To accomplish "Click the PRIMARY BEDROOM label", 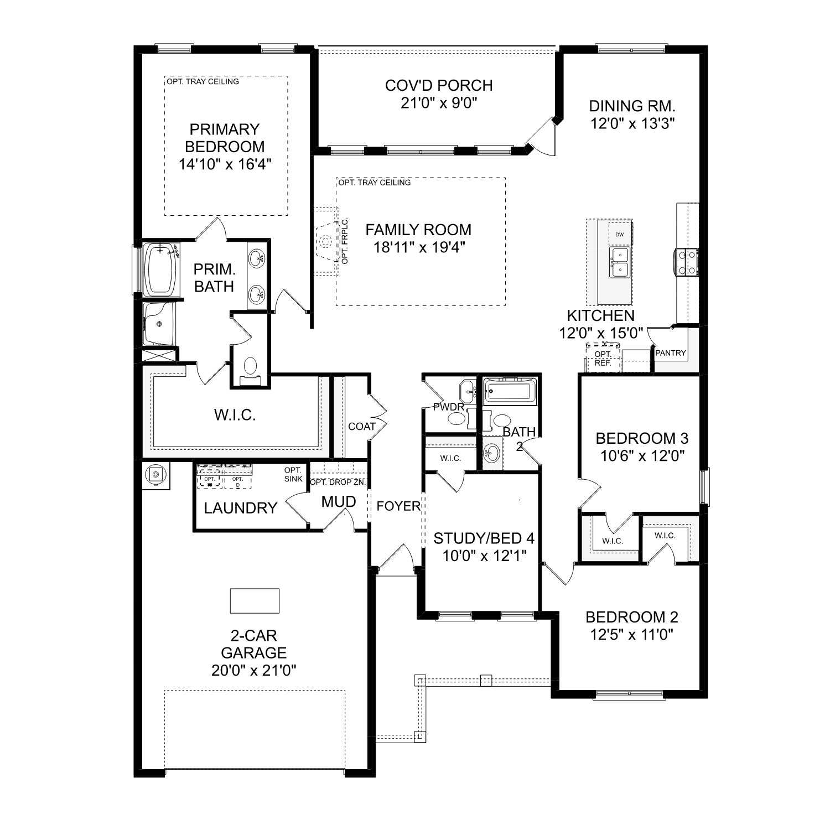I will tap(224, 138).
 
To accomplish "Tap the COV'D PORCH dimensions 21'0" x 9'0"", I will tap(439, 103).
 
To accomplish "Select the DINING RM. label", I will tap(632, 106).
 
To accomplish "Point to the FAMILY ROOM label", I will tap(418, 230).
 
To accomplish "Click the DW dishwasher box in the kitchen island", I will tap(619, 235).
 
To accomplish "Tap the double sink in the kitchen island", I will tap(619, 262).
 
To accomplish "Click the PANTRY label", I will tap(670, 353).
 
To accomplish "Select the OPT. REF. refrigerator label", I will tap(603, 359).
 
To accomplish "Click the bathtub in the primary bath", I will tap(161, 269).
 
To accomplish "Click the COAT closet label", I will tap(362, 427).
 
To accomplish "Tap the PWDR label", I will tap(449, 407).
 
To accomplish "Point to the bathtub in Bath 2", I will tap(510, 391).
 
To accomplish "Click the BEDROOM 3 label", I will tap(642, 438).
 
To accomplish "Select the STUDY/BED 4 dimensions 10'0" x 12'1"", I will tap(484, 556).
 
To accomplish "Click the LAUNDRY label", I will tap(240, 508).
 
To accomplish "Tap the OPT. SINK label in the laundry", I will tap(293, 475).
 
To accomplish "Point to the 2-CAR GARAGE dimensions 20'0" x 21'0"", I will tap(254, 671).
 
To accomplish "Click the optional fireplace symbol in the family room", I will tap(326, 241).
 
